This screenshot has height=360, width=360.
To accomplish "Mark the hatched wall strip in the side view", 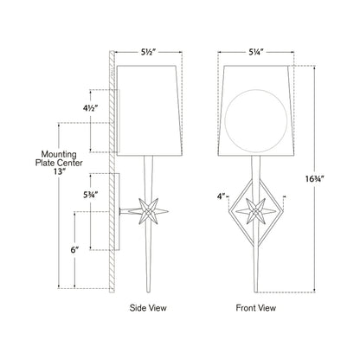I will click(108, 173).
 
